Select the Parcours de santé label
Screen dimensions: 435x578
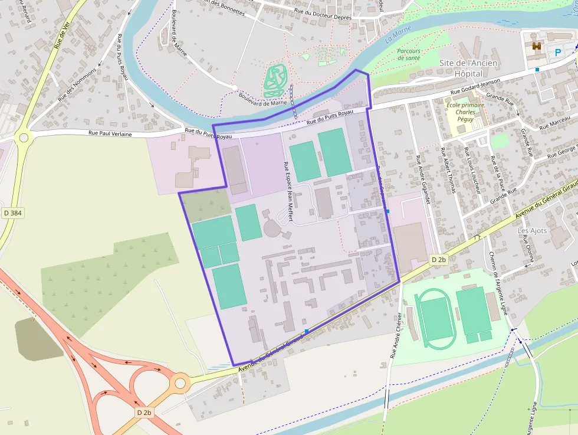click(x=409, y=54)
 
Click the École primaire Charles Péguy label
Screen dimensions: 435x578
click(x=465, y=112)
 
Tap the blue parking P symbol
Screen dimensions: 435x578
click(x=558, y=52)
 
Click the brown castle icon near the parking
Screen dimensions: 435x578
click(x=536, y=46)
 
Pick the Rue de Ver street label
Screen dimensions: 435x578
click(x=61, y=37)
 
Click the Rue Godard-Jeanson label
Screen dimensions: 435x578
click(x=475, y=86)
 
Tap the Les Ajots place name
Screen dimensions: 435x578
click(x=532, y=230)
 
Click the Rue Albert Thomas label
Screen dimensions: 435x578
click(x=449, y=170)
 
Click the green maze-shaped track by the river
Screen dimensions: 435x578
click(x=275, y=80)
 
